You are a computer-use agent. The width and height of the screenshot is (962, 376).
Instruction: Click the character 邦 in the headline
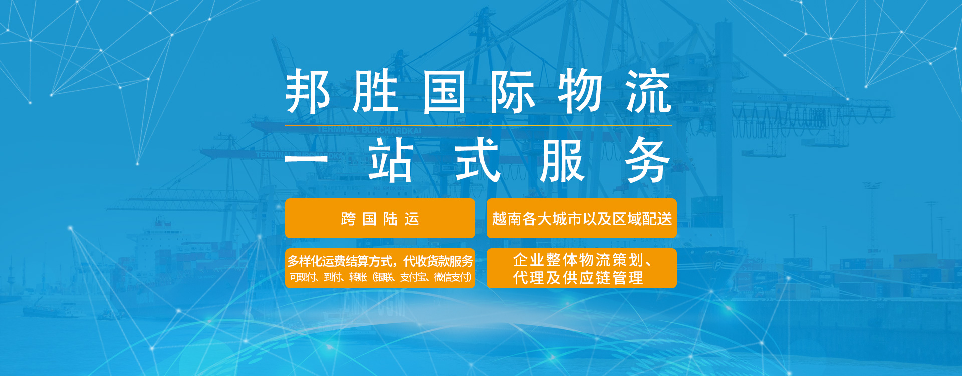coord(308,91)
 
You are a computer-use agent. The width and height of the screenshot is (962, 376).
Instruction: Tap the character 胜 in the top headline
coord(376,91)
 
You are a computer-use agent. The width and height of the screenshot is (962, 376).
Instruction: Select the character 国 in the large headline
coord(444,91)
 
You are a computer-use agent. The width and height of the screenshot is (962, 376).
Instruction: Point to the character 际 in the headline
coord(513,91)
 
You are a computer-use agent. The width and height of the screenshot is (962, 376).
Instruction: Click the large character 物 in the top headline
coord(580,91)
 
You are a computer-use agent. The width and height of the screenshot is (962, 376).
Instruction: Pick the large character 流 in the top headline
coord(649,91)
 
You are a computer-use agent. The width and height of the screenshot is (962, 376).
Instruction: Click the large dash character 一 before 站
coord(306,159)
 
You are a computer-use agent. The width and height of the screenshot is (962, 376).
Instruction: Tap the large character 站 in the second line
coord(391,160)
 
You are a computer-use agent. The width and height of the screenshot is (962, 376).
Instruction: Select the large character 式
coord(477,160)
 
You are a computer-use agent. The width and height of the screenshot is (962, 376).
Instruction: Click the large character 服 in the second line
coord(563,160)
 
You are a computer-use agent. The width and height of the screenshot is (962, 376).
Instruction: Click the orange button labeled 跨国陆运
coord(380,218)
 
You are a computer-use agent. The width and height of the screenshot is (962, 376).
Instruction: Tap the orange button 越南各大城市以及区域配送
coord(582,218)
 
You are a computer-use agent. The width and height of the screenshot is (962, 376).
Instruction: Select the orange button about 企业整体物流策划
coord(582,268)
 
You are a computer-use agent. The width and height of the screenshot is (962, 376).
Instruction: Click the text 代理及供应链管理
coord(578,278)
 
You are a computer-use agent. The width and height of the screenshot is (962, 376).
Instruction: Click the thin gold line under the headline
coord(478,125)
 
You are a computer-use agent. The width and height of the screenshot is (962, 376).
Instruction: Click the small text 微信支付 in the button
coord(452,277)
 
